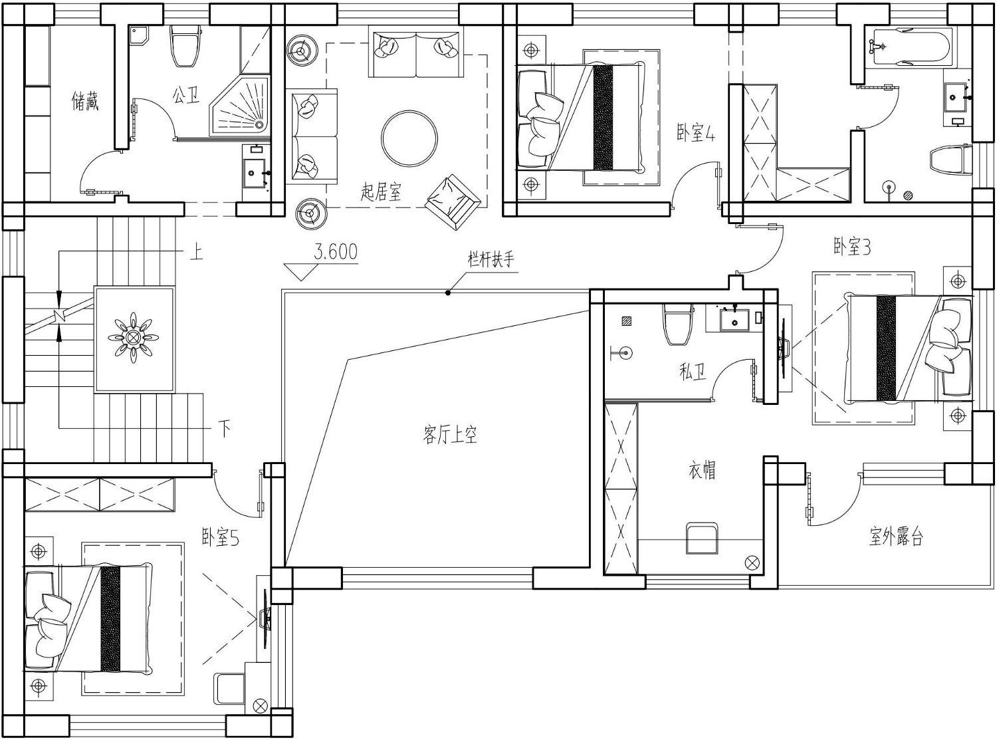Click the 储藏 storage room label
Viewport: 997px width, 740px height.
[85, 101]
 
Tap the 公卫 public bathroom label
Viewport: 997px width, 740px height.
[186, 95]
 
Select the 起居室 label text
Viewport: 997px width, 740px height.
[381, 191]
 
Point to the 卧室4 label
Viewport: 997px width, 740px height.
[695, 133]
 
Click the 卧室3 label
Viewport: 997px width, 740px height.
[852, 247]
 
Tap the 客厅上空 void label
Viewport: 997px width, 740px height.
[449, 435]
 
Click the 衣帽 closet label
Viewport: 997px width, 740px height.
[702, 471]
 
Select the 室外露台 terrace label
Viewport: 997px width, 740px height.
[896, 537]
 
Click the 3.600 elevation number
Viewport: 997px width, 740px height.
[336, 252]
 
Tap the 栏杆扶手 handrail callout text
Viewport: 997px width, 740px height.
[491, 259]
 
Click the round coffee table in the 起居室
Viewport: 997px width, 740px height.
[409, 138]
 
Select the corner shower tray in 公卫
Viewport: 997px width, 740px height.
[239, 106]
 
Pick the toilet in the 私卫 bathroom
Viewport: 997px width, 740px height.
[678, 324]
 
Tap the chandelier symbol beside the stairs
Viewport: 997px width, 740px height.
[133, 337]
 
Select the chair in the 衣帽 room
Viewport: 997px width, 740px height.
[702, 538]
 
